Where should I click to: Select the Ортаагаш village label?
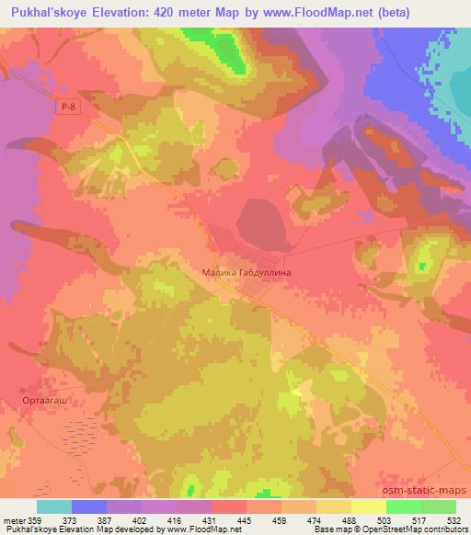click(41, 401)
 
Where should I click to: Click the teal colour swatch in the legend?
click(54, 507)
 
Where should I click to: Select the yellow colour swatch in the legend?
click(368, 507)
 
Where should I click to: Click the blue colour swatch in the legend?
click(89, 507)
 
